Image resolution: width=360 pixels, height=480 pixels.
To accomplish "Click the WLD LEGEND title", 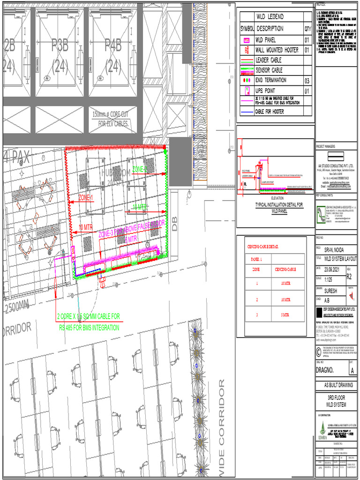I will pos(270,16).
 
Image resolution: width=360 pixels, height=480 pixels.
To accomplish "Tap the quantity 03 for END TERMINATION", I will pos(307,81).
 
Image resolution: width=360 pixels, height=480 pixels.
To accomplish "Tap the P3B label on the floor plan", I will pos(60,45).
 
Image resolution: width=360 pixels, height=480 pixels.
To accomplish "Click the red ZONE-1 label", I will pos(86,197).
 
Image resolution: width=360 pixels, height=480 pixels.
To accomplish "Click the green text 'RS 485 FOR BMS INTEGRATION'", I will pos(89,328).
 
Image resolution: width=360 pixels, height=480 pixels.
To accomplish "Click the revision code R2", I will pos(349,277).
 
